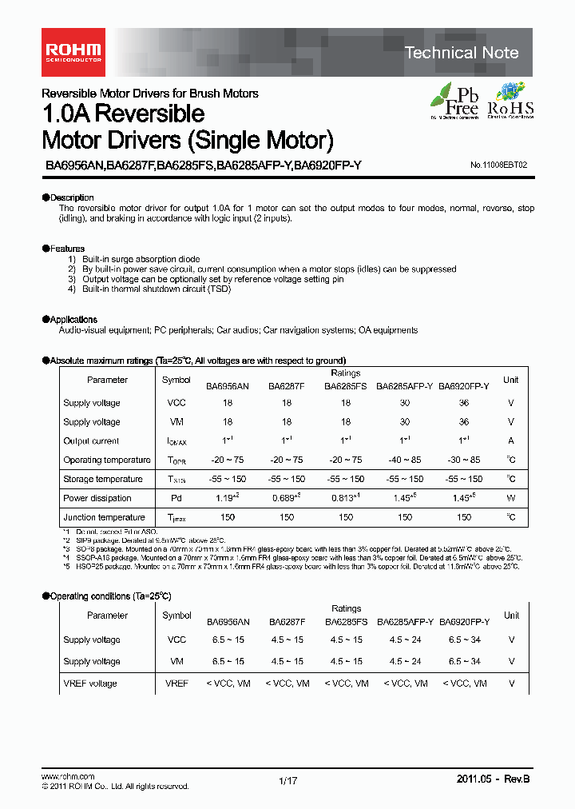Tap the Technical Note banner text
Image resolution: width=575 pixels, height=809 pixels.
pos(462,53)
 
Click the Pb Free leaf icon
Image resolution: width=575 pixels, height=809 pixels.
pos(454,100)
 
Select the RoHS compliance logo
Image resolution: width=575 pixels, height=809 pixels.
pos(510,101)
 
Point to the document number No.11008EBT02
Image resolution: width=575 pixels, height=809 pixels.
pos(498,165)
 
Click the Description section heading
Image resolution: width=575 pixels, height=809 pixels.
pos(70,197)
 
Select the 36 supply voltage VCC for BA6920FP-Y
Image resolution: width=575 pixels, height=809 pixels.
pos(464,403)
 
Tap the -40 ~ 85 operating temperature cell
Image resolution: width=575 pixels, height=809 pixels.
pos(404,460)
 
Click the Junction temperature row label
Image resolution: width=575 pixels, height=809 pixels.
pos(104,517)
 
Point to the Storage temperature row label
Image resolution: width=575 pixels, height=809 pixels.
pos(103,479)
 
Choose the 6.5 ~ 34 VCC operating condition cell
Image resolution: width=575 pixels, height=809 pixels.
pos(464,640)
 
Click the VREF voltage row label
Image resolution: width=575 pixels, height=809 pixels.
pos(89,683)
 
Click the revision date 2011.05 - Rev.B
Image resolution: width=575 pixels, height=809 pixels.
pos(493,779)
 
